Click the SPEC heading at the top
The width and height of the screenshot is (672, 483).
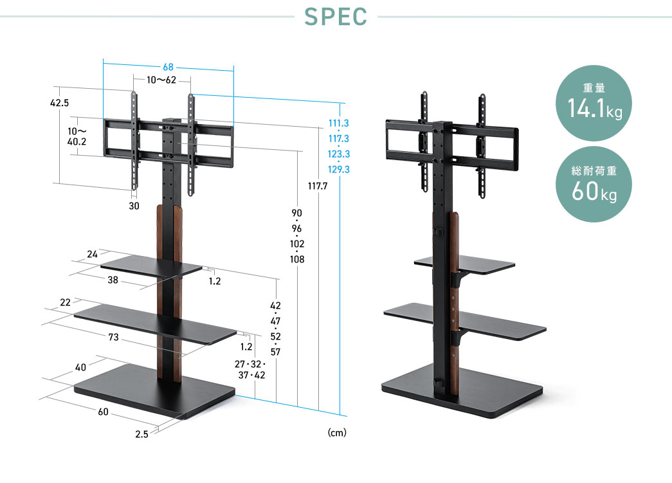(x=336, y=17)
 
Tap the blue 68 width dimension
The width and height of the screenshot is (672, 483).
(x=168, y=68)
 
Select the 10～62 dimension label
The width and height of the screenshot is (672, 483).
(x=161, y=80)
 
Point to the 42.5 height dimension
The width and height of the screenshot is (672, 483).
(x=59, y=103)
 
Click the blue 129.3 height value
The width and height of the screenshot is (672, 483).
(x=338, y=169)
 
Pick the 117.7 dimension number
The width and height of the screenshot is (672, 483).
(x=318, y=186)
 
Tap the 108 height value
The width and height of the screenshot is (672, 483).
(x=297, y=259)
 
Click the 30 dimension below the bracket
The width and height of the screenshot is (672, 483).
(x=134, y=206)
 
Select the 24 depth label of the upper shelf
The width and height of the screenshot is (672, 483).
(x=92, y=254)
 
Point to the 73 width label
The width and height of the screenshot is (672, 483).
(x=114, y=337)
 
